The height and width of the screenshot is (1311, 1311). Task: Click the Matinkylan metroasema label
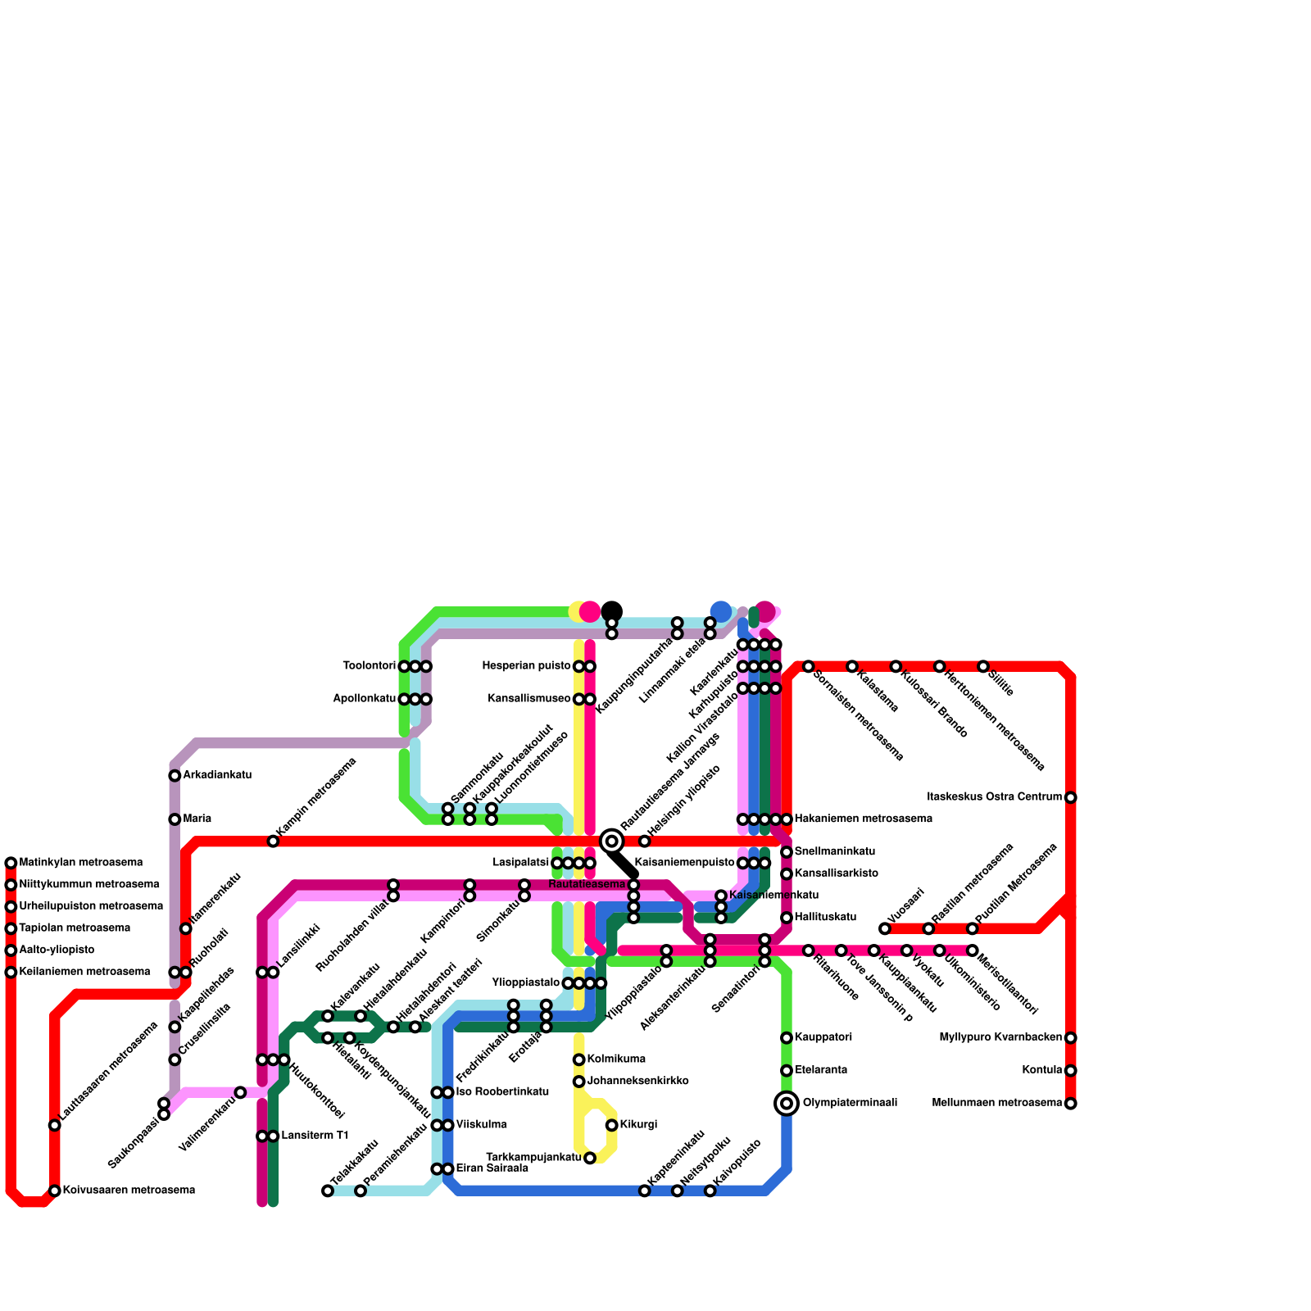(80, 863)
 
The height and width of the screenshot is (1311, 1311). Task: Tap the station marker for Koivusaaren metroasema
(54, 1191)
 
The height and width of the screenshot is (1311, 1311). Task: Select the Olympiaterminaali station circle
(787, 1104)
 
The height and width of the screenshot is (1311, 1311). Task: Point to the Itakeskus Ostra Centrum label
(994, 797)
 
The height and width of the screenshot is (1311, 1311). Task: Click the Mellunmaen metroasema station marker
(1070, 1104)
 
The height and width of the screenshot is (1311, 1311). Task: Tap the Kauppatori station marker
(787, 1038)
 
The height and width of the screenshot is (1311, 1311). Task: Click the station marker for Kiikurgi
(611, 1125)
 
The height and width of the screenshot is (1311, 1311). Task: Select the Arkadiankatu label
(217, 775)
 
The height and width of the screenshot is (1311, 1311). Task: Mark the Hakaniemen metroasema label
(863, 819)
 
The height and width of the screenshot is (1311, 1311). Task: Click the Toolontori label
(369, 666)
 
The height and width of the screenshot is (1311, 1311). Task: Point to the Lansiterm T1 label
(315, 1136)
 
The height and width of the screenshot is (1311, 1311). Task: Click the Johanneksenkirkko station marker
(578, 1082)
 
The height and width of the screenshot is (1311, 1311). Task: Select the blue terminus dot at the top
(721, 611)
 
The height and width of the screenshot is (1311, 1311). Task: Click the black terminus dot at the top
(611, 611)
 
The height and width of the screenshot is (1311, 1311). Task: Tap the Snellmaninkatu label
(834, 852)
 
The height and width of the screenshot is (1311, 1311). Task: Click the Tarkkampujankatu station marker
(590, 1158)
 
